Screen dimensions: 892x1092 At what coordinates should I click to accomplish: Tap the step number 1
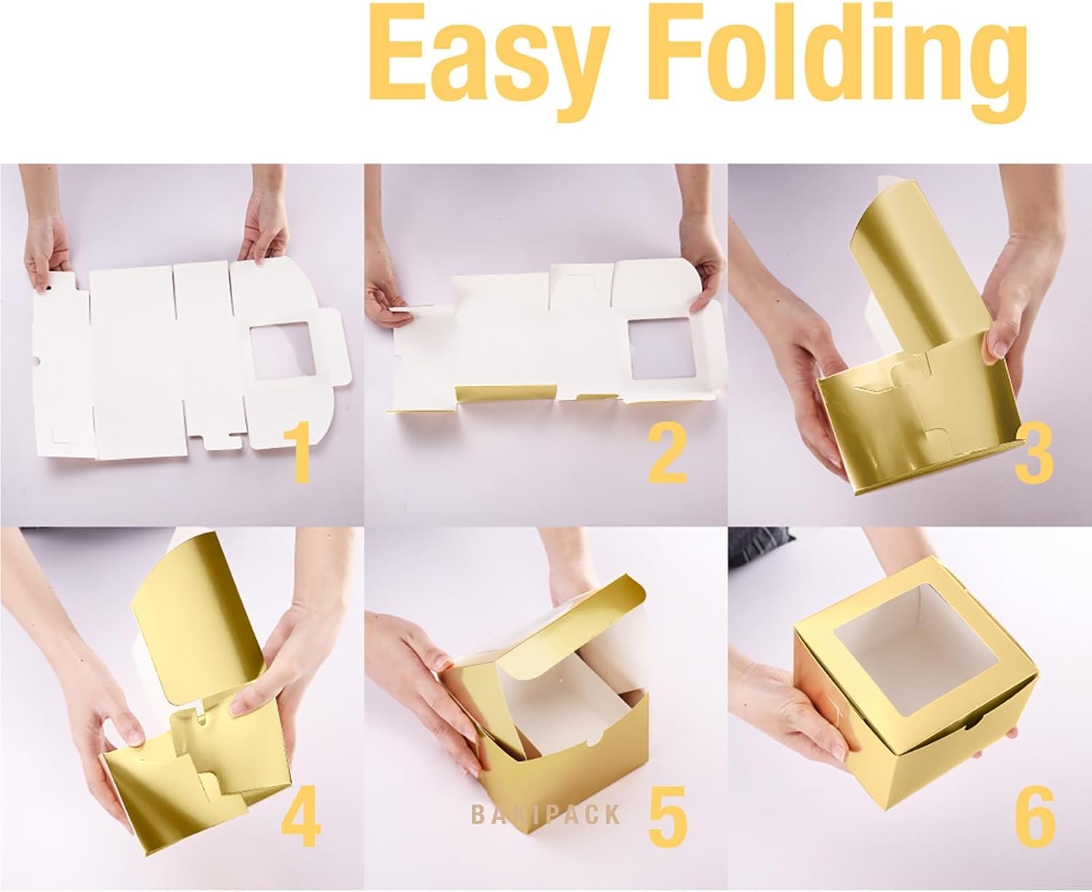coord(299,455)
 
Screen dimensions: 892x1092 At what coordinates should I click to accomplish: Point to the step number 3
coord(1034,455)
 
